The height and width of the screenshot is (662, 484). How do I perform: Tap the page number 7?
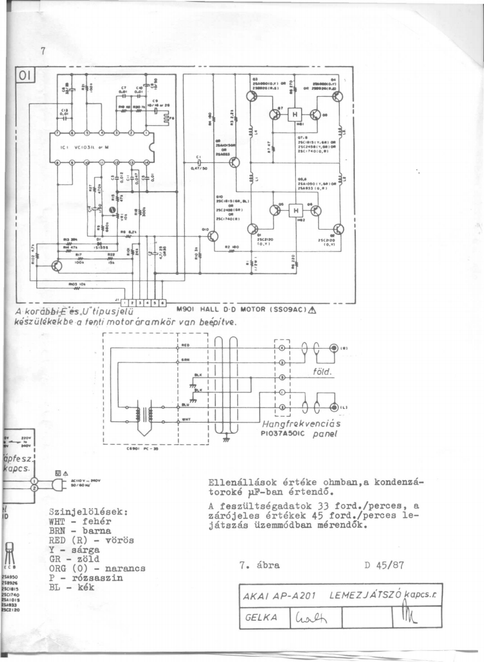42,51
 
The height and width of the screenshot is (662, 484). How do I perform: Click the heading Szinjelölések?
90,512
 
